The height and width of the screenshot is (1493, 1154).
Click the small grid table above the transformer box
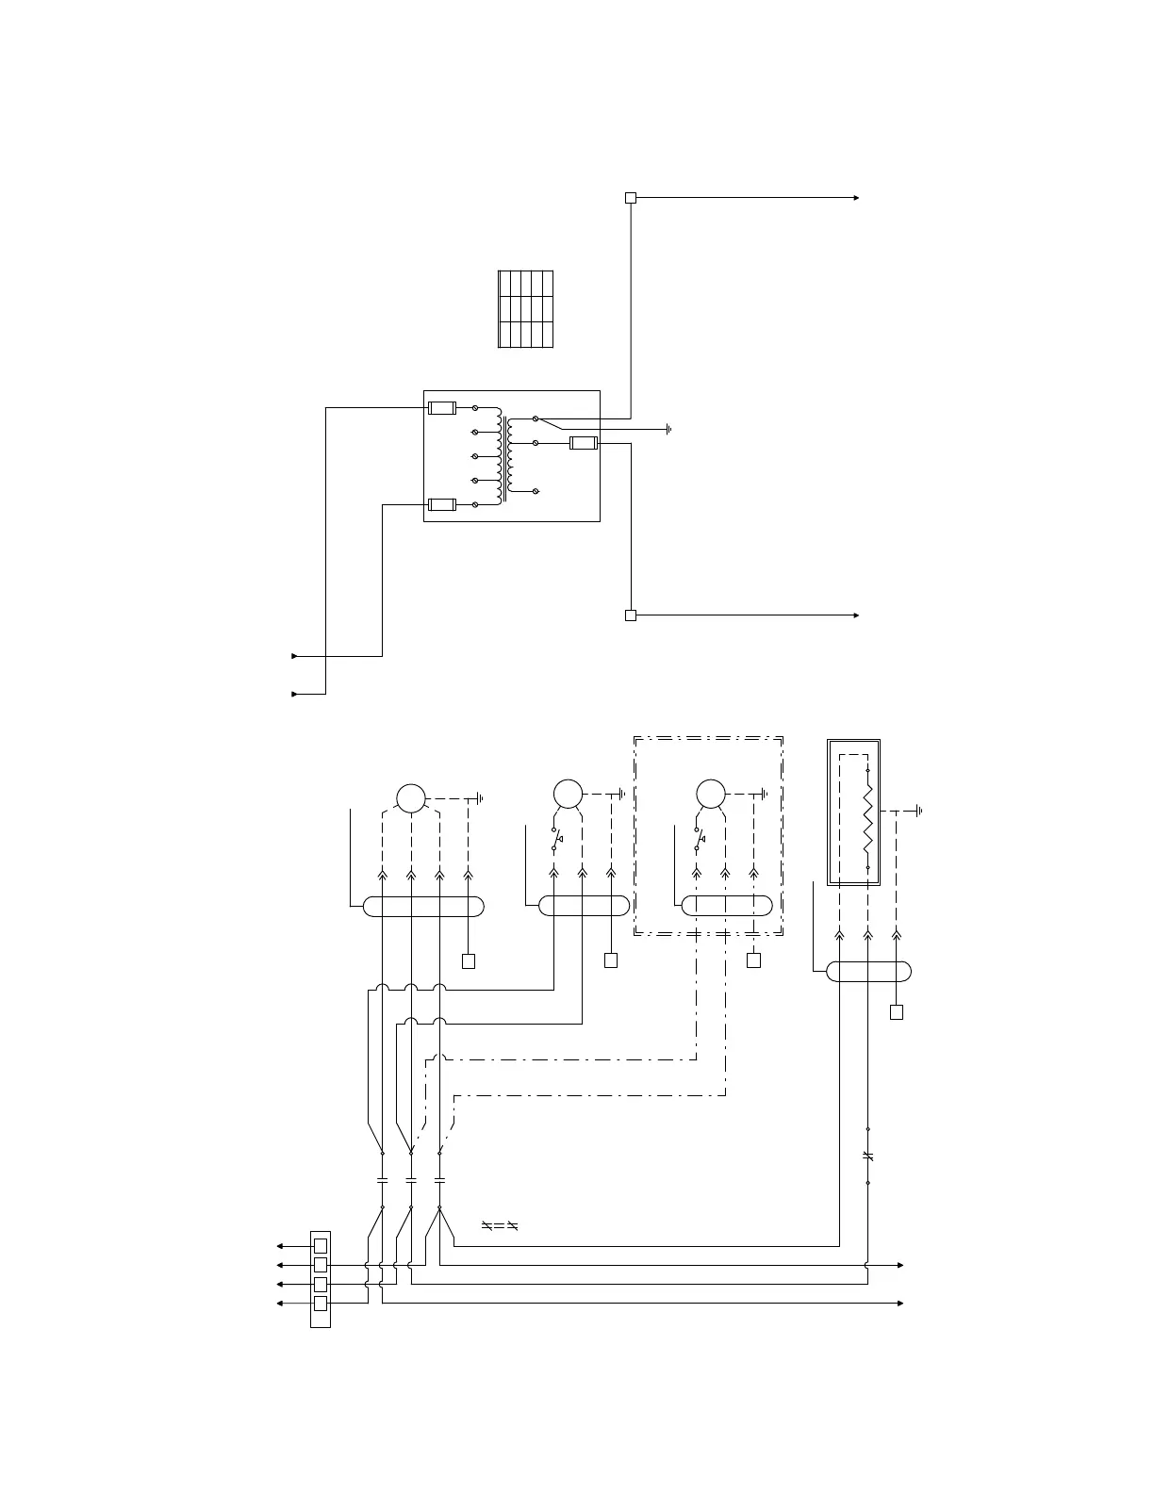click(525, 309)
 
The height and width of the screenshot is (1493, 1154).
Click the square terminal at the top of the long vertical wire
click(631, 198)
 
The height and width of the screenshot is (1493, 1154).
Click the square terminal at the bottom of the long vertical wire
click(631, 615)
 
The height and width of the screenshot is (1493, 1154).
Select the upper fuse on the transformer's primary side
click(442, 408)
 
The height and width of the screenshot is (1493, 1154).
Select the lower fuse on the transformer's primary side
click(442, 504)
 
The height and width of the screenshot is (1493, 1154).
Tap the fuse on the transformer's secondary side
click(585, 443)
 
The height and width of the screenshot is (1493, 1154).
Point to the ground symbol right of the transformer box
click(668, 429)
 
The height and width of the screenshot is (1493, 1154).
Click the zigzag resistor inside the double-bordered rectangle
click(867, 818)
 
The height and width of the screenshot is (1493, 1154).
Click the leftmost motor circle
click(411, 797)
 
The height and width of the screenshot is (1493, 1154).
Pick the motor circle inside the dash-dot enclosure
click(710, 794)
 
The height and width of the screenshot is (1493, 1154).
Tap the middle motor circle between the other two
click(568, 794)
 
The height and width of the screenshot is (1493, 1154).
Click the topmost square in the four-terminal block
click(321, 1245)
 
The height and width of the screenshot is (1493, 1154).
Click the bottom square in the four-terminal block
click(321, 1304)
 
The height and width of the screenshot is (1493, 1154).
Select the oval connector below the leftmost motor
click(423, 907)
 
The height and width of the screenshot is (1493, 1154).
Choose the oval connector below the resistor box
click(868, 971)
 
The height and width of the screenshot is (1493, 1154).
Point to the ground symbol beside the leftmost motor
click(481, 798)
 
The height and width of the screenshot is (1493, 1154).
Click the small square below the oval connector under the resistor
click(897, 1012)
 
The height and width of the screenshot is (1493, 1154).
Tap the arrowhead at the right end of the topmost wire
click(856, 198)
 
